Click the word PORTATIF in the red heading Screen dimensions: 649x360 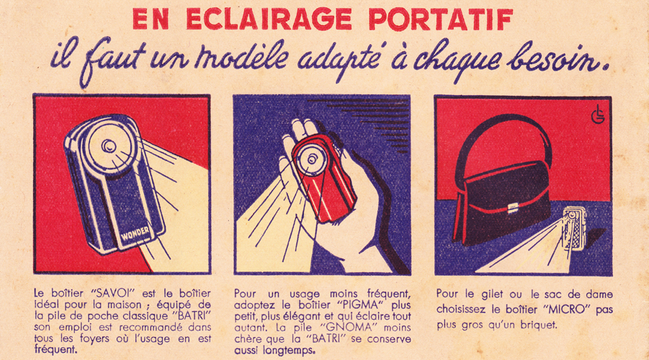point(440,19)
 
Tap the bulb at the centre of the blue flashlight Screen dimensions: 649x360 point(109,145)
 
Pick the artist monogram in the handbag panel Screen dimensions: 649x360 point(598,114)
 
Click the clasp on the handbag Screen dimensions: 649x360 point(514,207)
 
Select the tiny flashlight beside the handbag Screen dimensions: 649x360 point(572,228)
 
